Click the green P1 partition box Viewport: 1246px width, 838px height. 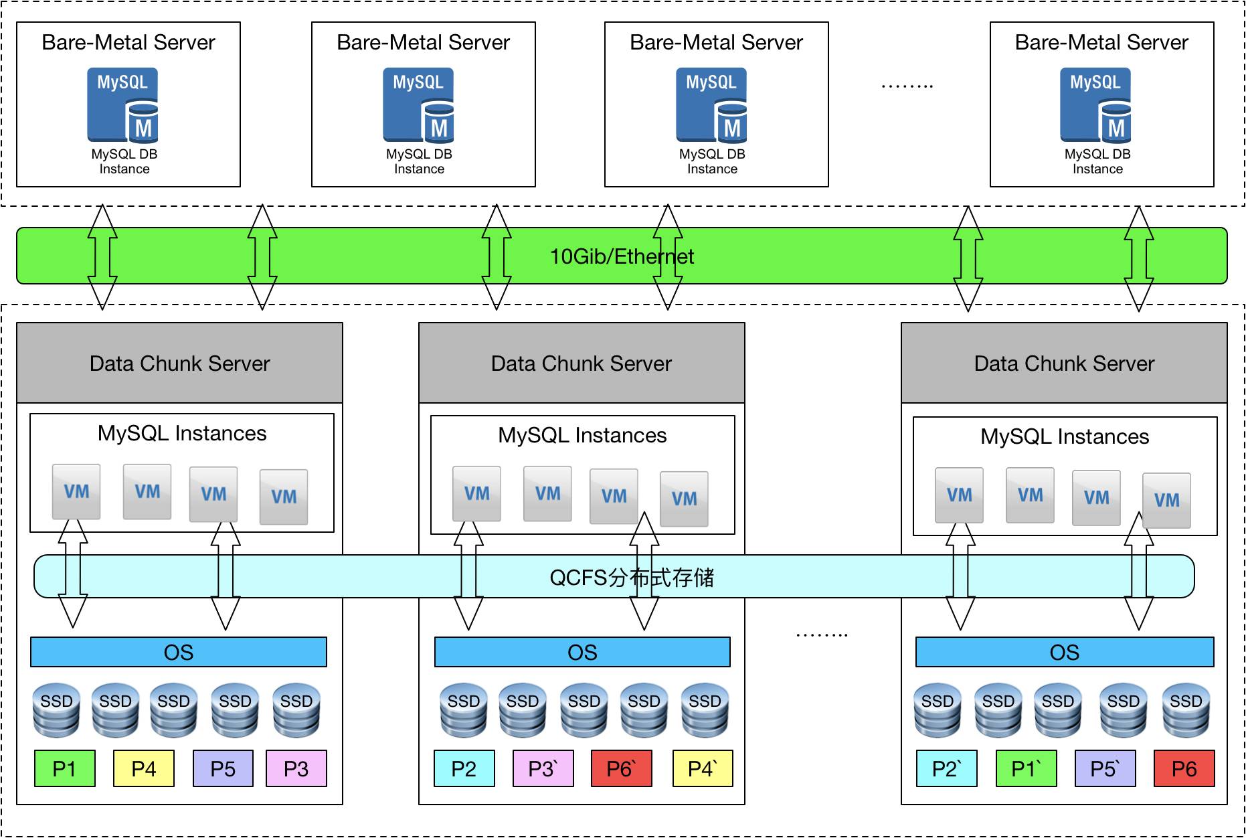click(x=64, y=768)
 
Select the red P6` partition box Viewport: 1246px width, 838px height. click(x=621, y=768)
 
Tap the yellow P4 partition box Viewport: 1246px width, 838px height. click(x=144, y=768)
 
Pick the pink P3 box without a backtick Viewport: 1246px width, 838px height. click(x=296, y=768)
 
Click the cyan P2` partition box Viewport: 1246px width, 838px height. click(x=946, y=768)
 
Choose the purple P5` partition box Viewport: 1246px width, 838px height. click(x=1105, y=768)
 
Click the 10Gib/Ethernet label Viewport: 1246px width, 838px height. click(x=621, y=256)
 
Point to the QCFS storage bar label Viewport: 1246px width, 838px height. click(x=631, y=577)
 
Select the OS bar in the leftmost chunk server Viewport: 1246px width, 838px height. click(x=179, y=652)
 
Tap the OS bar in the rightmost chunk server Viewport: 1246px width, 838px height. click(x=1064, y=652)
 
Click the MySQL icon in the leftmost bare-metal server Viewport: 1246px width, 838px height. click(x=123, y=105)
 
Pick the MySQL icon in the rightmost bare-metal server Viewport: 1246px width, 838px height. click(x=1096, y=105)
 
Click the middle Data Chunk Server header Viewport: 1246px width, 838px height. click(x=581, y=363)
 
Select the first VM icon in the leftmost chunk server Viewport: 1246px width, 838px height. click(x=76, y=492)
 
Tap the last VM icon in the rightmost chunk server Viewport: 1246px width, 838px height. click(x=1166, y=500)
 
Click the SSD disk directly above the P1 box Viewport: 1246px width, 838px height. click(x=56, y=709)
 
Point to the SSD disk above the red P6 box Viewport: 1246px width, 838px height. click(x=1186, y=709)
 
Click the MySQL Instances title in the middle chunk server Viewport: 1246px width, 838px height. click(x=582, y=436)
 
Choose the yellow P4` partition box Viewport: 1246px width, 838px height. click(x=702, y=768)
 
